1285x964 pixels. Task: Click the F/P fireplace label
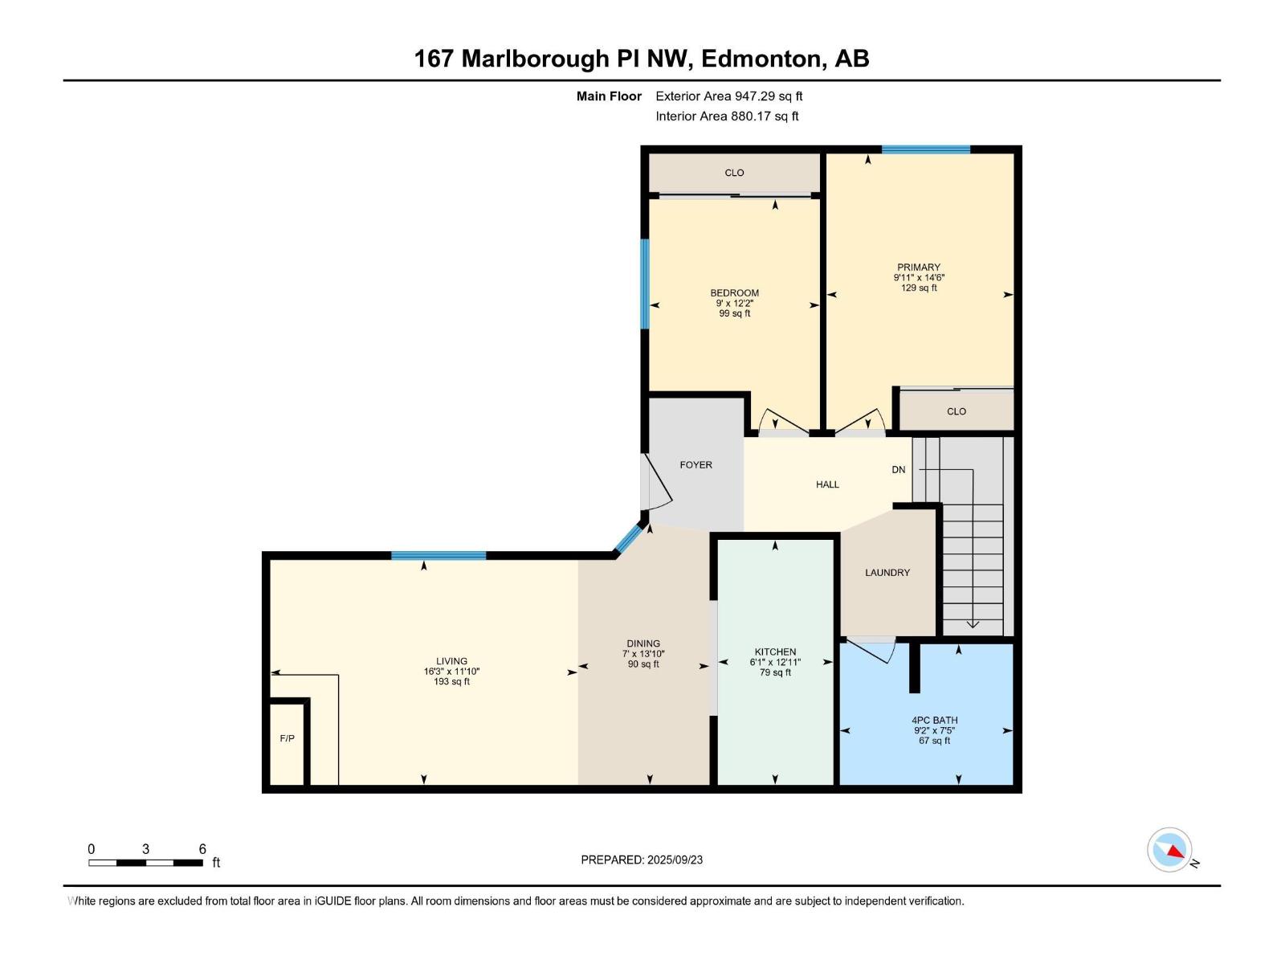point(287,738)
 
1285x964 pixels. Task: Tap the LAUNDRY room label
point(887,573)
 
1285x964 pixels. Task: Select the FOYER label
point(696,465)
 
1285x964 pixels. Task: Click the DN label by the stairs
point(899,470)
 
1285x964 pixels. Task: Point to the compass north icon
point(1170,850)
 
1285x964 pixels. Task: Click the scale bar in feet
point(145,863)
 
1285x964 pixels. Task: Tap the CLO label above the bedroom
point(734,173)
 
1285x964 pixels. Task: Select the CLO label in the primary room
point(956,411)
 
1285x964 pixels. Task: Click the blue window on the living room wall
point(439,555)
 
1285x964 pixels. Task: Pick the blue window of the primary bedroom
point(925,149)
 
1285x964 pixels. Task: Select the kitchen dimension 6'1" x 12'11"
point(775,663)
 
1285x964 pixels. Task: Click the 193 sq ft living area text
point(451,682)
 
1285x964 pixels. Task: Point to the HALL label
point(827,484)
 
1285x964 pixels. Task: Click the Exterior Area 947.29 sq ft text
point(728,96)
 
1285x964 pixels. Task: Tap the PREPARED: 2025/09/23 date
point(642,860)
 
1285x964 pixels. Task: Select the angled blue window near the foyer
point(629,539)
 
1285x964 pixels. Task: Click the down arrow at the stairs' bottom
point(973,623)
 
